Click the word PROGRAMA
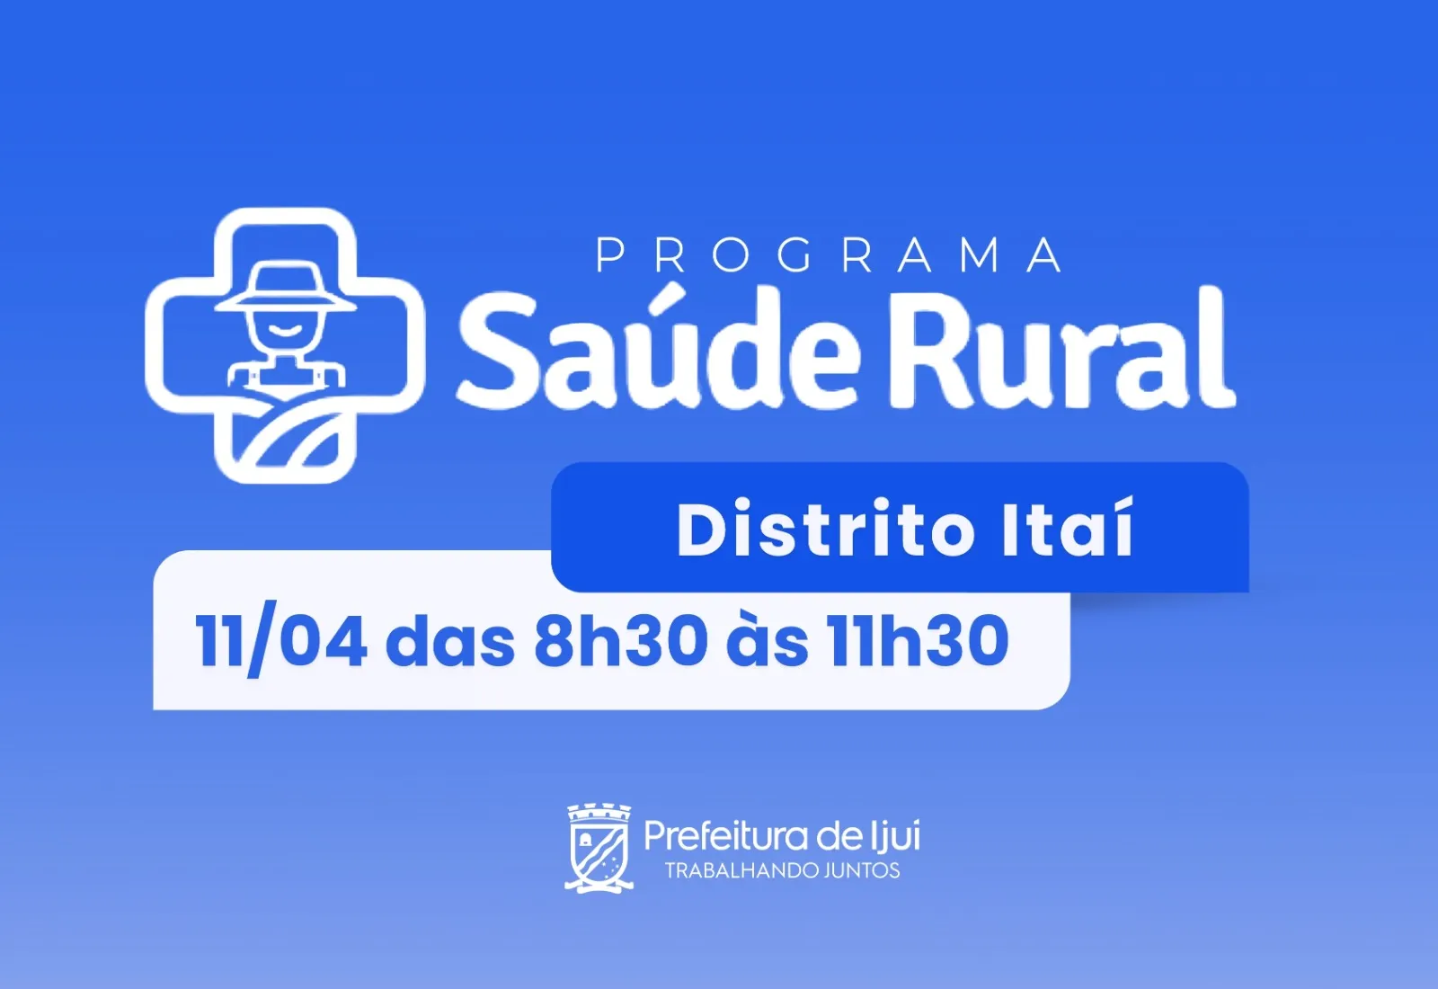(829, 255)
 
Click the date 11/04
(280, 642)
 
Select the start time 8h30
(621, 641)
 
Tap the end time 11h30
(918, 641)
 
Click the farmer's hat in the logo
(285, 288)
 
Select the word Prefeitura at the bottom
(725, 837)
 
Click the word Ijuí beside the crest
(895, 835)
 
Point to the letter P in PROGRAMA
(610, 255)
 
